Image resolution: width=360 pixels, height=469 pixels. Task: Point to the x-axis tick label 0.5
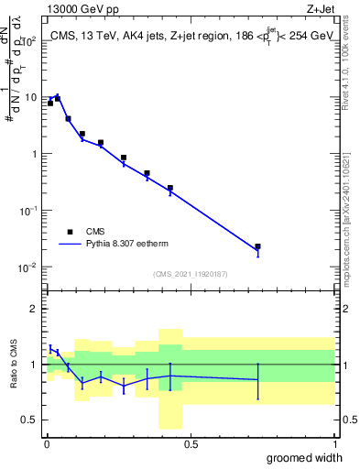191,444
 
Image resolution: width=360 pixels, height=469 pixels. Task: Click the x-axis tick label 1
333,444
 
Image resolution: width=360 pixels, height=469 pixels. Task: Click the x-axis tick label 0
48,444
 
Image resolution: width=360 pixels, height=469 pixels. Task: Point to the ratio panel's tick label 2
32,309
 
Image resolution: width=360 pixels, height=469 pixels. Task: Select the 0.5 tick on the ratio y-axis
27,420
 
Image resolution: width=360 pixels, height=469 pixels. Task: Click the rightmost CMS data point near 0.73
257,246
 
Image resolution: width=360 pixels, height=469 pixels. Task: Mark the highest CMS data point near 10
58,98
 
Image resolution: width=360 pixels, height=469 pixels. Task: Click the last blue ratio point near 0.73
257,379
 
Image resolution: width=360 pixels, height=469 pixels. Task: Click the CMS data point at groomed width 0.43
170,188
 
